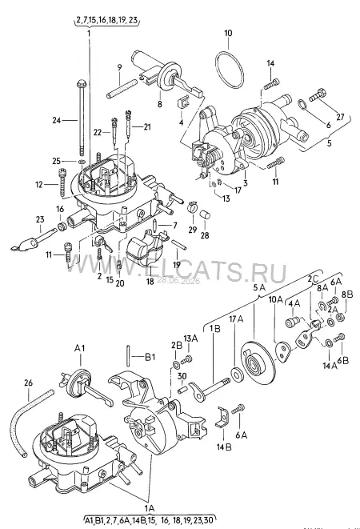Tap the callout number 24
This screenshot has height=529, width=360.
pyautogui.click(x=58, y=120)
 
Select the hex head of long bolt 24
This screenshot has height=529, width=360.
pyautogui.click(x=82, y=83)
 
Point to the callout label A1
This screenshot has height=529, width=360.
pyautogui.click(x=79, y=349)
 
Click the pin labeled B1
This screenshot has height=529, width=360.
pyautogui.click(x=129, y=355)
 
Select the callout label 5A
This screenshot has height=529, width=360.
pyautogui.click(x=259, y=288)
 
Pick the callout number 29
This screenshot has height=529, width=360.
pyautogui.click(x=193, y=230)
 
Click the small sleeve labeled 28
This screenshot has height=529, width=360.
pyautogui.click(x=206, y=214)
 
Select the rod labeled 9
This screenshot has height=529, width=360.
pyautogui.click(x=121, y=90)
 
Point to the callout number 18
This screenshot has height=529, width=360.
pyautogui.click(x=150, y=281)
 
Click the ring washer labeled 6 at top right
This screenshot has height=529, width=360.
pyautogui.click(x=302, y=104)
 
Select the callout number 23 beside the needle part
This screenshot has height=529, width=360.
pyautogui.click(x=40, y=219)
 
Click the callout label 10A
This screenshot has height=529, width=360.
pyautogui.click(x=276, y=300)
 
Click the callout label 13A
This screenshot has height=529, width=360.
pyautogui.click(x=190, y=339)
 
